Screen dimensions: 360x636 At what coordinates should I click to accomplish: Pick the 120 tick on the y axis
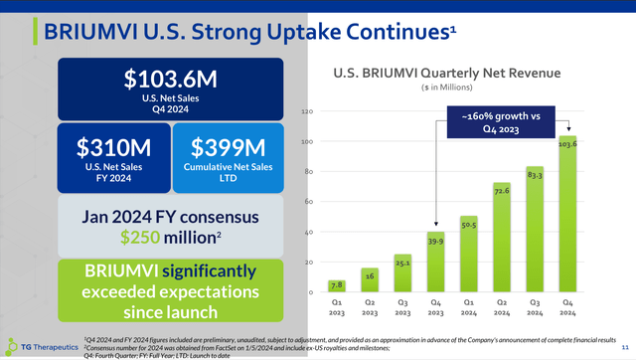[x=309, y=111]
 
